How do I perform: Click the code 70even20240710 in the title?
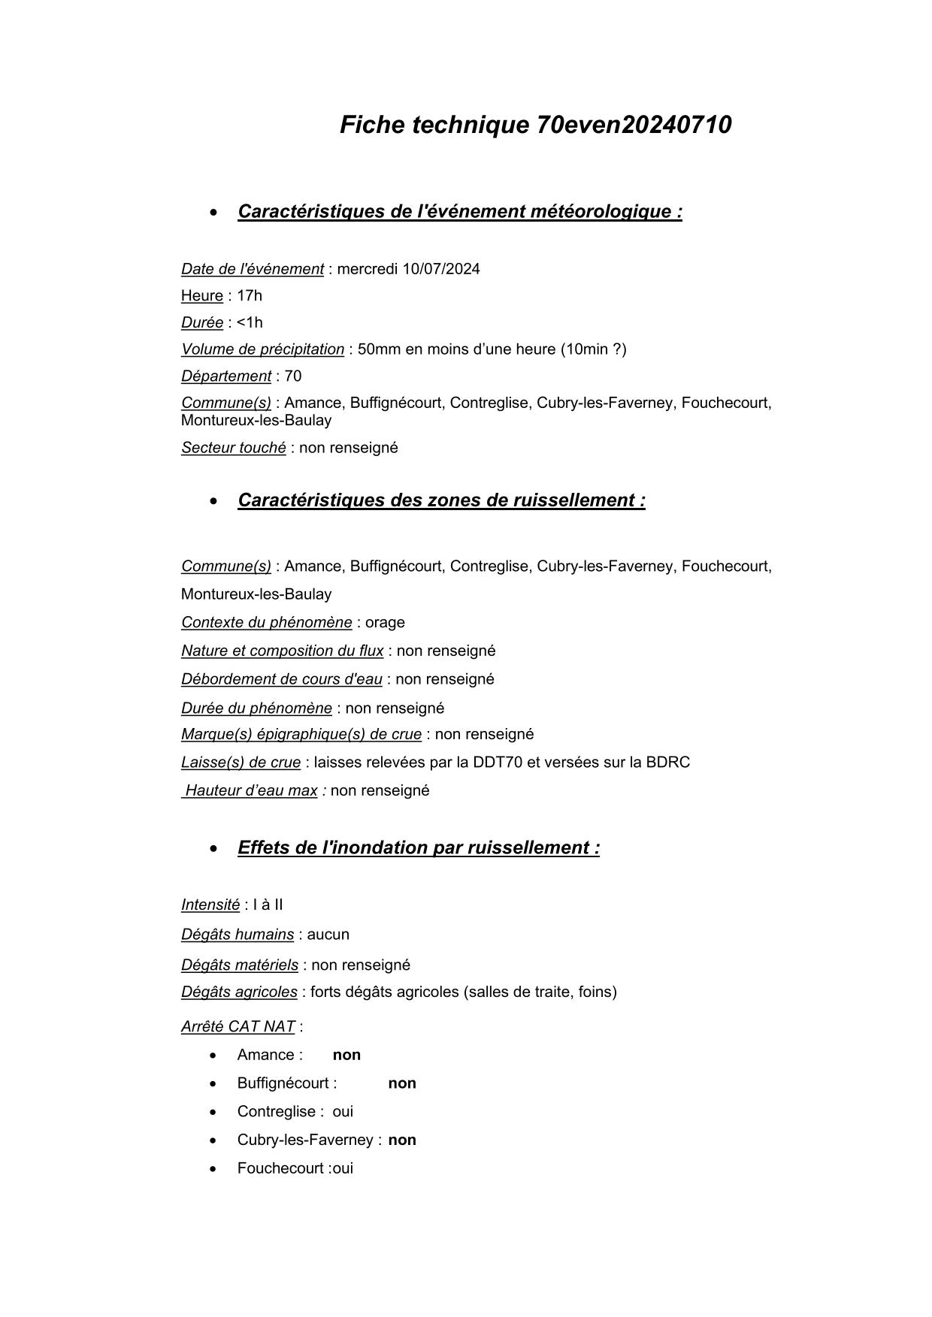click(x=634, y=125)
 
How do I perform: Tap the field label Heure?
click(x=202, y=296)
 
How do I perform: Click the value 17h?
click(x=250, y=296)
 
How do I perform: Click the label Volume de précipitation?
click(x=262, y=349)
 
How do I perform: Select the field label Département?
click(x=226, y=376)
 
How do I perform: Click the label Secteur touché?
click(x=234, y=448)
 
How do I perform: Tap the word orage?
click(x=385, y=623)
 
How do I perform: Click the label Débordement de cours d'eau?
click(x=282, y=679)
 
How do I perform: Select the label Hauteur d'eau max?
click(x=251, y=790)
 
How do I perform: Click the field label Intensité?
click(x=210, y=905)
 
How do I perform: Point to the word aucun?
click(x=328, y=935)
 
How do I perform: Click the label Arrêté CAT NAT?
click(x=238, y=1027)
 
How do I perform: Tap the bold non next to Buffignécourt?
click(x=402, y=1083)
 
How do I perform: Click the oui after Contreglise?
click(x=343, y=1112)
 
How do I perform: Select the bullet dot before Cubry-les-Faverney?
click(x=215, y=1140)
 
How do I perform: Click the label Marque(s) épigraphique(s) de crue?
click(x=301, y=734)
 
